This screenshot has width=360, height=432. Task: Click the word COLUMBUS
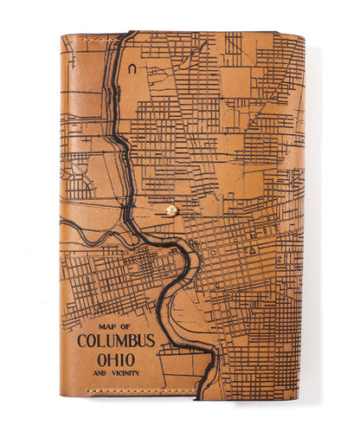coord(116,340)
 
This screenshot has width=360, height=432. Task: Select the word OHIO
coord(115,358)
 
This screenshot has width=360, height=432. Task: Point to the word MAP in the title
coord(108,326)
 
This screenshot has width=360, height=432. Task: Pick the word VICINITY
coord(123,372)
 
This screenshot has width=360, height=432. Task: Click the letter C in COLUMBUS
coord(82,340)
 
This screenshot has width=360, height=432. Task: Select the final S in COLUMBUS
coord(151,340)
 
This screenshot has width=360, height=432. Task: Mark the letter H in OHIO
coord(112,358)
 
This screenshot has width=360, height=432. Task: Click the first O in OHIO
coord(100,358)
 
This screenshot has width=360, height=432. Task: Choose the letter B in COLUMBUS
coord(131,340)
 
